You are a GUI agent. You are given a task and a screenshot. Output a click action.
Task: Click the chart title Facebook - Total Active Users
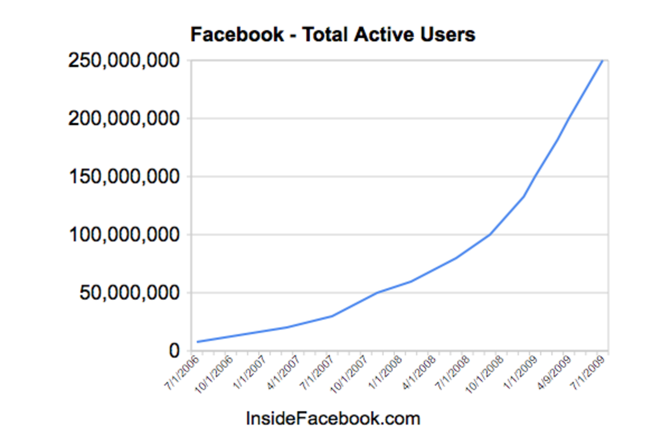[x=332, y=35]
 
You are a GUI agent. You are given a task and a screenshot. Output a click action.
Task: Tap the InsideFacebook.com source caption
[x=333, y=419]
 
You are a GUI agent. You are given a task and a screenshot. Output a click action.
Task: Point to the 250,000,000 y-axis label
[x=124, y=61]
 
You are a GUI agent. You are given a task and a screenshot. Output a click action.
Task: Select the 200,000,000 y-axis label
[x=124, y=119]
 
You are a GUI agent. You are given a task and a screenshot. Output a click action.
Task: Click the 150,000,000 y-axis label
[x=124, y=177]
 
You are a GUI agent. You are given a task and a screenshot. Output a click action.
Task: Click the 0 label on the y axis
[x=175, y=351]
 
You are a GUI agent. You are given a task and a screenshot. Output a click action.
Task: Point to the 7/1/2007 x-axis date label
[x=317, y=370]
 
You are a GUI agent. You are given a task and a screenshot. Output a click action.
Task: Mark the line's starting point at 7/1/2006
[x=197, y=342]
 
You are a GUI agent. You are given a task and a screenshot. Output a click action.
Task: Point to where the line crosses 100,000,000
[x=490, y=234]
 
